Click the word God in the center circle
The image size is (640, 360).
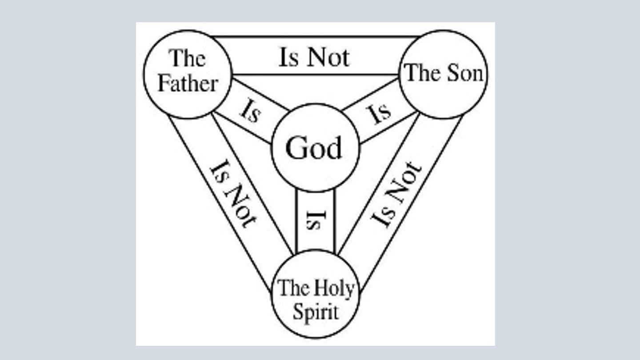pos(314,148)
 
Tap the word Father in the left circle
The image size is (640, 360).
pos(188,84)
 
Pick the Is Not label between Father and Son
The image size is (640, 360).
pos(314,57)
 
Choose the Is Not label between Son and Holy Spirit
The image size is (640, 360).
pos(396,194)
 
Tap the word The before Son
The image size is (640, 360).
pos(423,72)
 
